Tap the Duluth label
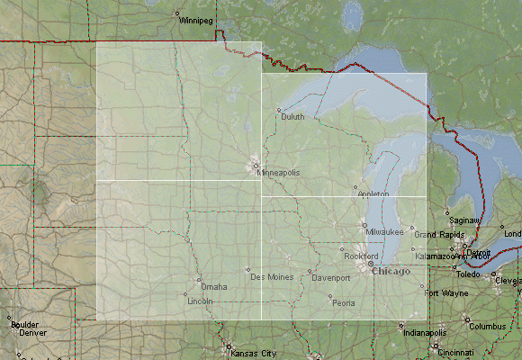(x=293, y=116)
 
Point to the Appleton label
(x=373, y=193)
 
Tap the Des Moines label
(x=271, y=275)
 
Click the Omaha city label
(x=214, y=286)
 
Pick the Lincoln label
(x=200, y=301)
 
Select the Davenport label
(x=330, y=278)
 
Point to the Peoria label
(x=343, y=302)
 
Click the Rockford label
(x=361, y=256)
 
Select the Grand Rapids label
(x=437, y=235)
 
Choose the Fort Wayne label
(x=446, y=293)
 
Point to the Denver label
(x=32, y=332)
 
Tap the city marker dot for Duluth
(x=279, y=110)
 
